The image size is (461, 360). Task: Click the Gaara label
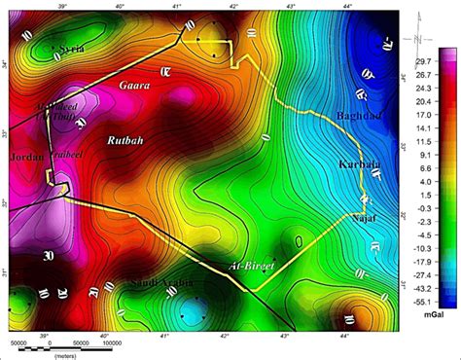pyautogui.click(x=134, y=86)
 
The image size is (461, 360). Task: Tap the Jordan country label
pyautogui.click(x=25, y=157)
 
